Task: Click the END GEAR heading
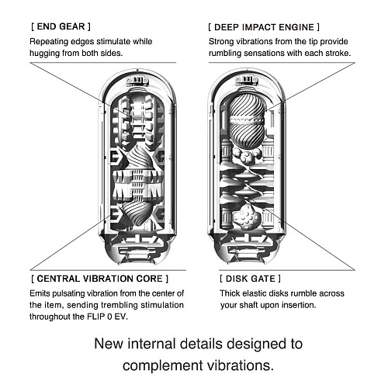[61, 26]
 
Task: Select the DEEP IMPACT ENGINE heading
[264, 27]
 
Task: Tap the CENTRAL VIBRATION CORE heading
[100, 279]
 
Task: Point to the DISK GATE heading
[250, 279]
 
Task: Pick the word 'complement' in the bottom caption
[163, 366]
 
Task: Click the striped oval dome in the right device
[247, 121]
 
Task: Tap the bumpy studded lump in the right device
[246, 217]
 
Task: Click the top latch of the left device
[137, 81]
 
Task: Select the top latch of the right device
[247, 81]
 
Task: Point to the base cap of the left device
[137, 250]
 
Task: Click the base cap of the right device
[247, 250]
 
